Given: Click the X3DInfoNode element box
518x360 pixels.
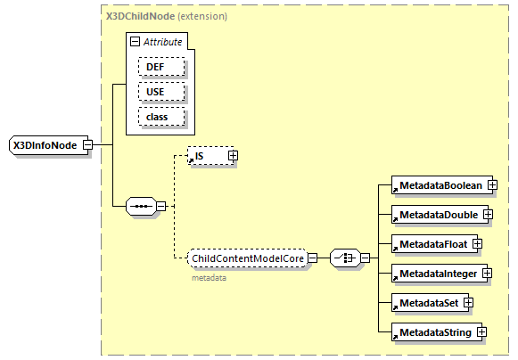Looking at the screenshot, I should [45, 145].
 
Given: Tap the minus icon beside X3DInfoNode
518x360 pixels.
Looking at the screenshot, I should [87, 145].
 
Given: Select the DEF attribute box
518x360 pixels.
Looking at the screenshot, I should [160, 67].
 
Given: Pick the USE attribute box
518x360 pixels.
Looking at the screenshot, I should [160, 92].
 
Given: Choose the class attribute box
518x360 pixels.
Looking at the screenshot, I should [160, 117].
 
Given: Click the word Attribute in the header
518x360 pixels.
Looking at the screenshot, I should [164, 42].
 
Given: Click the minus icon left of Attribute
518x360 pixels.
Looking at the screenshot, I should [135, 42].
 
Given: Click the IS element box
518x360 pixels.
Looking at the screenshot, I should [208, 156].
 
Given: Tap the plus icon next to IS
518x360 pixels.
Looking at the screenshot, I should [234, 156].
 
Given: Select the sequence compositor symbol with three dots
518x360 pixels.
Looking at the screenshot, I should [140, 206].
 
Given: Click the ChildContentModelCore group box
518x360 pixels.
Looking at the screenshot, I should [248, 259].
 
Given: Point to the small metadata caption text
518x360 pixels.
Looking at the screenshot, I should [209, 278].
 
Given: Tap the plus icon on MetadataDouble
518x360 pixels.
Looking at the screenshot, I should [488, 215].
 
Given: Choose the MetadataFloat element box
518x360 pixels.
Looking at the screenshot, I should [432, 244].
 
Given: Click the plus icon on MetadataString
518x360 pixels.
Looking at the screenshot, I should [481, 332].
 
